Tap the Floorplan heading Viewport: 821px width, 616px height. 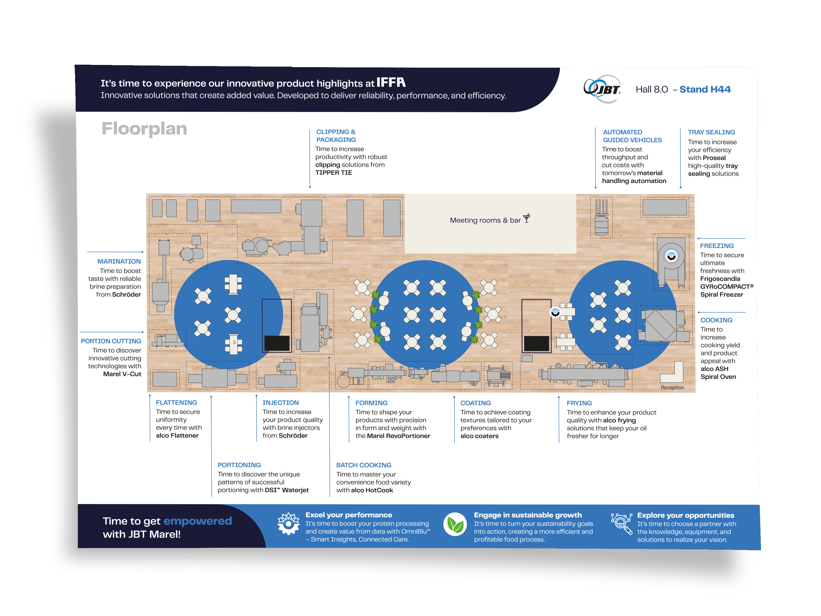coord(144,129)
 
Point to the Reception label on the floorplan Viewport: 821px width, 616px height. coord(672,387)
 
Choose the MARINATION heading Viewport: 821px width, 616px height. coord(119,261)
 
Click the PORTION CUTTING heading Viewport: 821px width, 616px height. coord(111,341)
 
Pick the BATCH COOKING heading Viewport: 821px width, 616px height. coord(363,465)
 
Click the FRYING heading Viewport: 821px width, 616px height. coord(579,403)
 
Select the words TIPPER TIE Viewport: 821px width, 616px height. coord(333,173)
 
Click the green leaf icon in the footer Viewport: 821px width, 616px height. coord(455,524)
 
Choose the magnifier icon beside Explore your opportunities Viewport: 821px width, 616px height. coord(621,524)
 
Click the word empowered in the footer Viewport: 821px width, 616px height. coord(197,521)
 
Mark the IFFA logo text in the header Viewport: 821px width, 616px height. coord(391,82)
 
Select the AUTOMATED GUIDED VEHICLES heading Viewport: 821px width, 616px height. coord(632,136)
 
